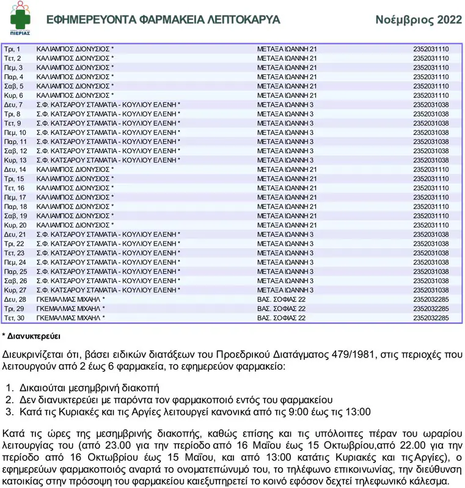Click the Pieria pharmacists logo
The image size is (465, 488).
(x=20, y=20)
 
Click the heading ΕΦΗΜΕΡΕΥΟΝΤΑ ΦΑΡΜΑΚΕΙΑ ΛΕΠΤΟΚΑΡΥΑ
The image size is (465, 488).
(x=163, y=20)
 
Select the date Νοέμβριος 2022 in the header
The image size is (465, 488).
(x=419, y=20)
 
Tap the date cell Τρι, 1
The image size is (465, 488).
(x=12, y=49)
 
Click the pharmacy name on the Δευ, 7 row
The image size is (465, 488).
(x=108, y=105)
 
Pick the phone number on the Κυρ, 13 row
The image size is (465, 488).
(x=431, y=160)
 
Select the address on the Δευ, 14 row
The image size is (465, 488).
(x=287, y=169)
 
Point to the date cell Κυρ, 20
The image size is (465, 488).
(x=15, y=225)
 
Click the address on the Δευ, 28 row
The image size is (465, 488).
(x=281, y=300)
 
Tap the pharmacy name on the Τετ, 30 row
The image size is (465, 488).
(x=70, y=318)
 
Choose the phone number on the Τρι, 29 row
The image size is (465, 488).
(x=431, y=309)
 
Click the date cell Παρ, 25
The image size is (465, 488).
(x=15, y=271)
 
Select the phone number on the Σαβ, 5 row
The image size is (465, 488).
(x=431, y=86)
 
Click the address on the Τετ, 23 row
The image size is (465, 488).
(x=285, y=253)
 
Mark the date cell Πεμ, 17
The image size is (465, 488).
(x=15, y=198)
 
